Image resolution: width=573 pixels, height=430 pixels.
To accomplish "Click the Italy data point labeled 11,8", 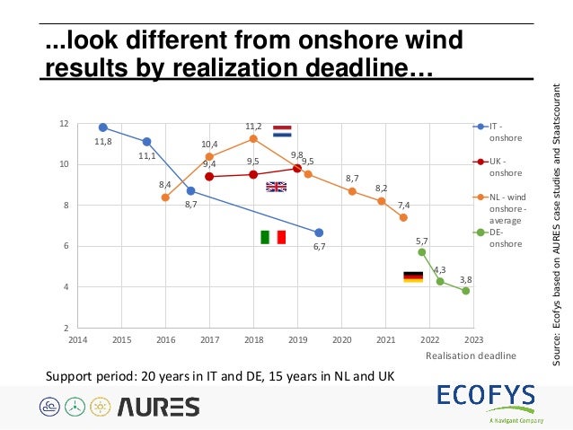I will tap(103, 127).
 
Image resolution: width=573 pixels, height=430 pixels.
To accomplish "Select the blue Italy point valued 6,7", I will tap(319, 233).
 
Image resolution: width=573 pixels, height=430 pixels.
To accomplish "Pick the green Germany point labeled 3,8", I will tap(465, 291).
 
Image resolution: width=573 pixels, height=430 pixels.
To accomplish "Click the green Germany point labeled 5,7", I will tap(421, 252).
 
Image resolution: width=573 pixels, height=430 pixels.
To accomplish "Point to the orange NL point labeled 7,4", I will tap(403, 217).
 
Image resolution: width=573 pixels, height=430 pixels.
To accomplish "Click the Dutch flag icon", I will tap(282, 131).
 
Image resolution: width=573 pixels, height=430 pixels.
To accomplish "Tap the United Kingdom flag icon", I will tap(276, 187).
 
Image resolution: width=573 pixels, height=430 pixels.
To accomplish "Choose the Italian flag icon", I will tap(272, 237).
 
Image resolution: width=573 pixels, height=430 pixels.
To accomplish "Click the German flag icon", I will tap(412, 277).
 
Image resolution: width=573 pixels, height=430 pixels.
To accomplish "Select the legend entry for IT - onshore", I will tap(498, 133).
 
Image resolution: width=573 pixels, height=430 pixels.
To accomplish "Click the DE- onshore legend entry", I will tap(498, 238).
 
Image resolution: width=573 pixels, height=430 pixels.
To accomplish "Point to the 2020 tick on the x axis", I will tap(341, 340).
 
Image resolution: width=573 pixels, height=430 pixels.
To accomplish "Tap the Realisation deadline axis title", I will tap(472, 355).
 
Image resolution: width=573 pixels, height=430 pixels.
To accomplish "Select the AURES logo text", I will tap(157, 407).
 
